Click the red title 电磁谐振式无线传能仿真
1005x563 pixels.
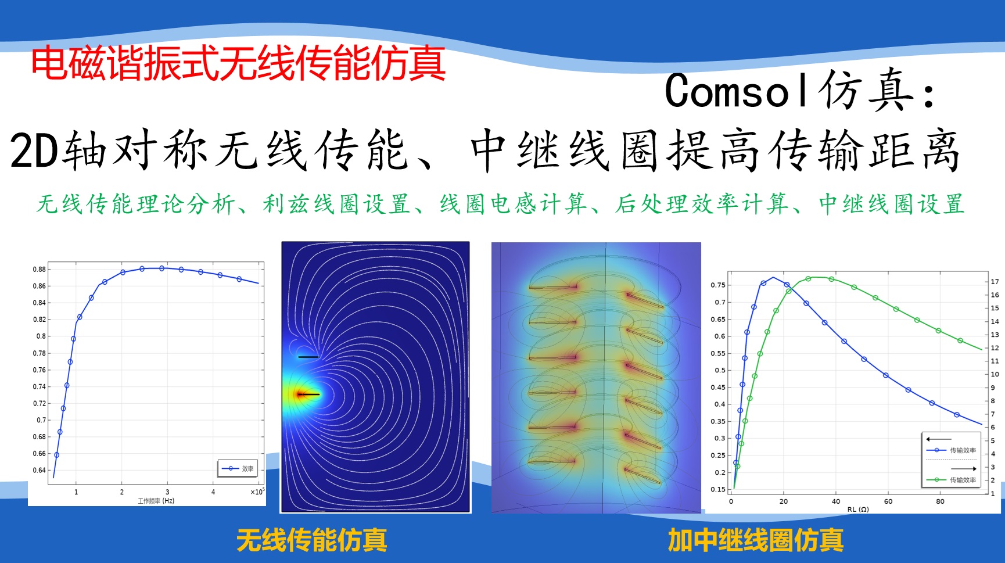238,63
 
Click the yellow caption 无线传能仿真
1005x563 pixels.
311,540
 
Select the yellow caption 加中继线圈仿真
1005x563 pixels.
755,540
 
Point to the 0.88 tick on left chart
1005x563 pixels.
39,269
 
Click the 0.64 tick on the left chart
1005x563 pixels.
39,470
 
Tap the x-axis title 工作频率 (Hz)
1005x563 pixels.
156,501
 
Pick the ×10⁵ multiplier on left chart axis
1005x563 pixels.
257,492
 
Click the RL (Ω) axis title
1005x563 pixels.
857,510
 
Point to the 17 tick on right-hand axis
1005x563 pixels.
995,282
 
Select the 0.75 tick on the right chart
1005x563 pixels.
717,285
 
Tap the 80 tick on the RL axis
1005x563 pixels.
940,501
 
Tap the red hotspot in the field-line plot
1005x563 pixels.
300,395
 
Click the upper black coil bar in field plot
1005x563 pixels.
308,357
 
